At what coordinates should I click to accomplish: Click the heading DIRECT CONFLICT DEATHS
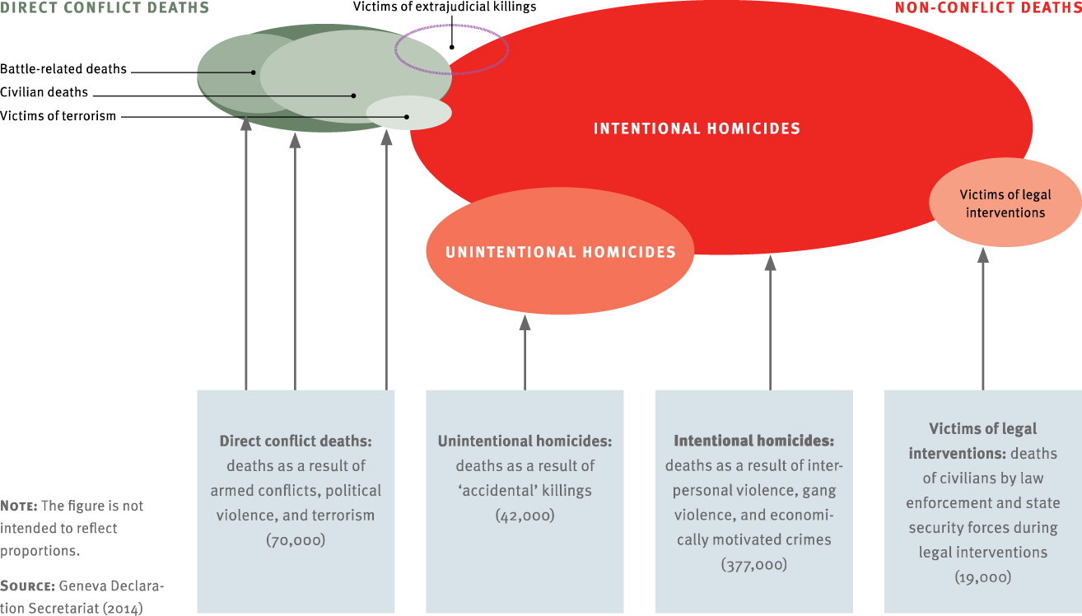tap(104, 8)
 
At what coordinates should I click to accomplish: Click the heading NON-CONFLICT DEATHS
tap(987, 8)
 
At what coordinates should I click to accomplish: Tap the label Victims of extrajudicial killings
tap(445, 7)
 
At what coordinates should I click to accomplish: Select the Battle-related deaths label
tap(63, 70)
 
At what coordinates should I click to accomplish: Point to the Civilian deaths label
tap(44, 92)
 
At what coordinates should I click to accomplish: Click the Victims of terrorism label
tap(58, 116)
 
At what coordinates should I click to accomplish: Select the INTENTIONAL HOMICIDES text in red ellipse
tap(697, 128)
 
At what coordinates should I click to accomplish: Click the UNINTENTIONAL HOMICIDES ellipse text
tap(560, 252)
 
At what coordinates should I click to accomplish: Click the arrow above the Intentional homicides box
tap(770, 321)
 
